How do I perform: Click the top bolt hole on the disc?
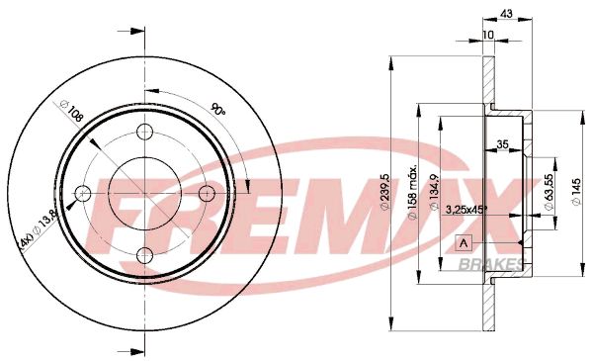144,132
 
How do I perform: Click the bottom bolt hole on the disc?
144,255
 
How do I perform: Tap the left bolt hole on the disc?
83,194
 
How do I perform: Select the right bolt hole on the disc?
207,194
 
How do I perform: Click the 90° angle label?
218,109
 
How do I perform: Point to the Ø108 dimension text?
71,111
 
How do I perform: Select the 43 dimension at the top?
506,14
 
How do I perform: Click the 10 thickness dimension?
488,35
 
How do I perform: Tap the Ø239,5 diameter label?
385,192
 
